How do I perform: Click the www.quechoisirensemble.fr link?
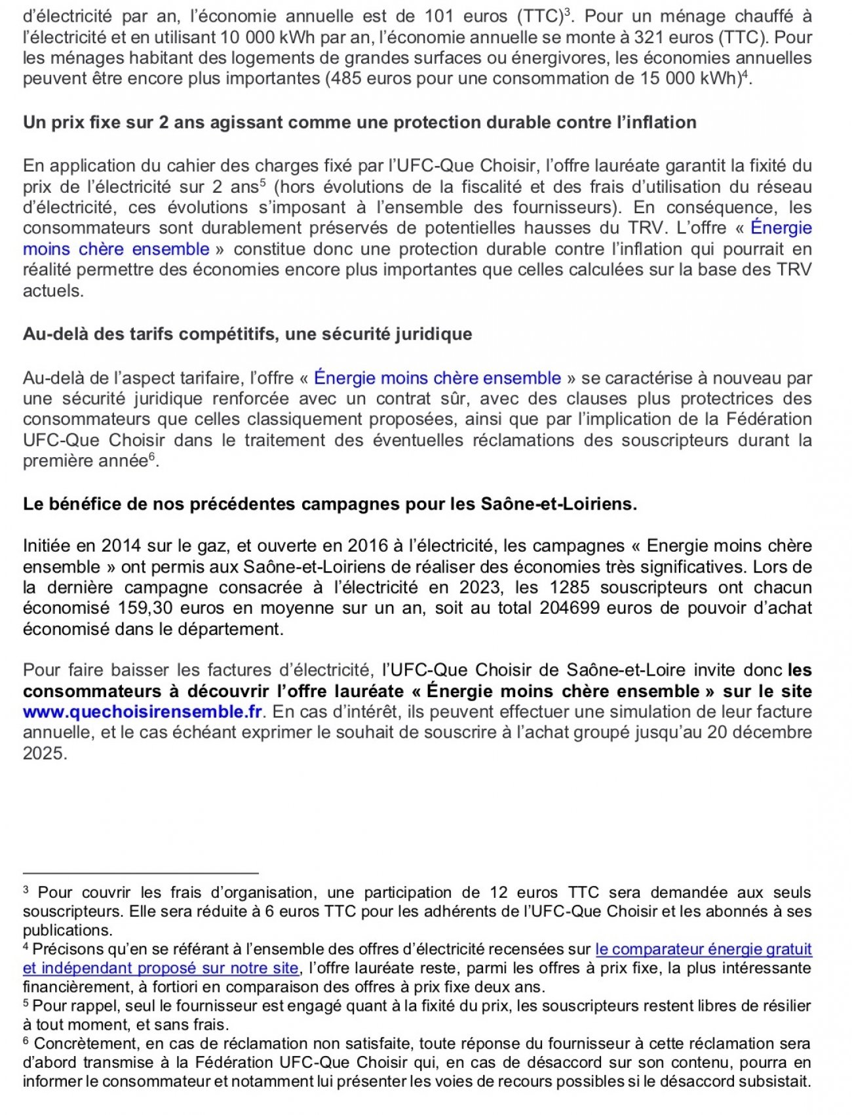click(142, 712)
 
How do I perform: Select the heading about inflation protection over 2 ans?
click(359, 123)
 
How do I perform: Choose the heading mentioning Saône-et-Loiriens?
click(330, 504)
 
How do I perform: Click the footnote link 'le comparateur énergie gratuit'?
click(703, 949)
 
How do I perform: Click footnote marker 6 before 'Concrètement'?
click(26, 1042)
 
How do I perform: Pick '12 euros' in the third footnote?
click(523, 893)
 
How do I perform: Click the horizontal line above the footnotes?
click(141, 873)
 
